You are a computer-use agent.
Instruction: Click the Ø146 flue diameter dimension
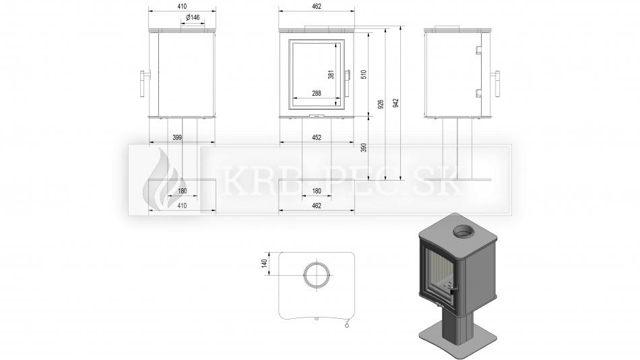tap(193, 17)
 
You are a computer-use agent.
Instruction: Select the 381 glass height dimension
tap(331, 74)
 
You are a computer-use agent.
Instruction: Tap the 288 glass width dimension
tap(317, 93)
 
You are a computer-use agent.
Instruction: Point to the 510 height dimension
tap(364, 74)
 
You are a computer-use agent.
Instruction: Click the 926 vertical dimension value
tap(381, 104)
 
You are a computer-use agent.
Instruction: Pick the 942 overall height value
tap(395, 103)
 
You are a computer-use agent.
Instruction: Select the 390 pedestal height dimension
tap(364, 148)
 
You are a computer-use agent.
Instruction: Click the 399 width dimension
tap(177, 138)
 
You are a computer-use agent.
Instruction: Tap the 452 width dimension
tap(317, 138)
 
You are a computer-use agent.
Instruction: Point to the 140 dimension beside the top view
tap(265, 264)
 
